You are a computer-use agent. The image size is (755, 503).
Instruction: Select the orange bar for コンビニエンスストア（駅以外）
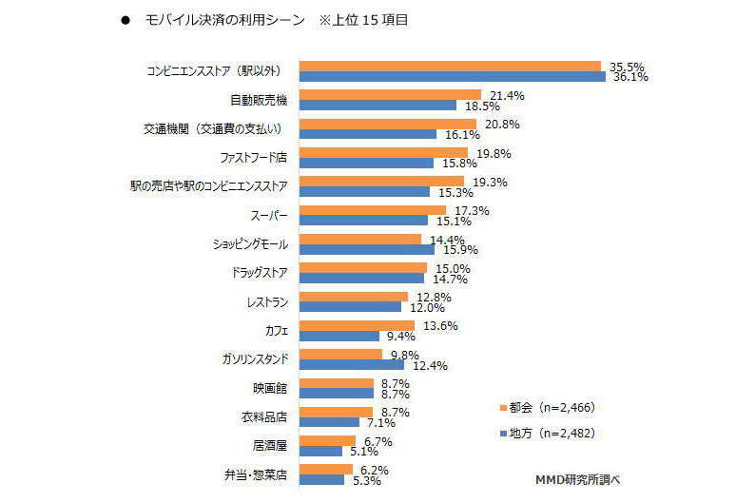(x=450, y=66)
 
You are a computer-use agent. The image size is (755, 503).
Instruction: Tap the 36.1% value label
(x=629, y=78)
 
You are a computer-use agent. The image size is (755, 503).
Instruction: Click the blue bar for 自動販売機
(x=377, y=106)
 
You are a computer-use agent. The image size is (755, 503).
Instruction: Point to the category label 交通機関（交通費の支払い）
(x=211, y=126)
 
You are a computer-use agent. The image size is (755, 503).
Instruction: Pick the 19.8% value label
(x=494, y=152)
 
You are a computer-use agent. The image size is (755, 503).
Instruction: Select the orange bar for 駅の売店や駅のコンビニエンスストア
(x=381, y=181)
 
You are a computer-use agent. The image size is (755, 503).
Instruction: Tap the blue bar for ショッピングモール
(x=366, y=249)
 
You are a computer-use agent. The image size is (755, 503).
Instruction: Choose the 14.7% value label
(x=451, y=279)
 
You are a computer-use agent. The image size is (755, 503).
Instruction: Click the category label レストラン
(x=266, y=301)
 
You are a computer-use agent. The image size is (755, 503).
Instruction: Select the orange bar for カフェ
(x=357, y=325)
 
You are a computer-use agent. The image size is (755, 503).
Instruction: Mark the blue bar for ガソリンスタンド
(x=351, y=365)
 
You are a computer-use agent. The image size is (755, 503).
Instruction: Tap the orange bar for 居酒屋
(x=327, y=440)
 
